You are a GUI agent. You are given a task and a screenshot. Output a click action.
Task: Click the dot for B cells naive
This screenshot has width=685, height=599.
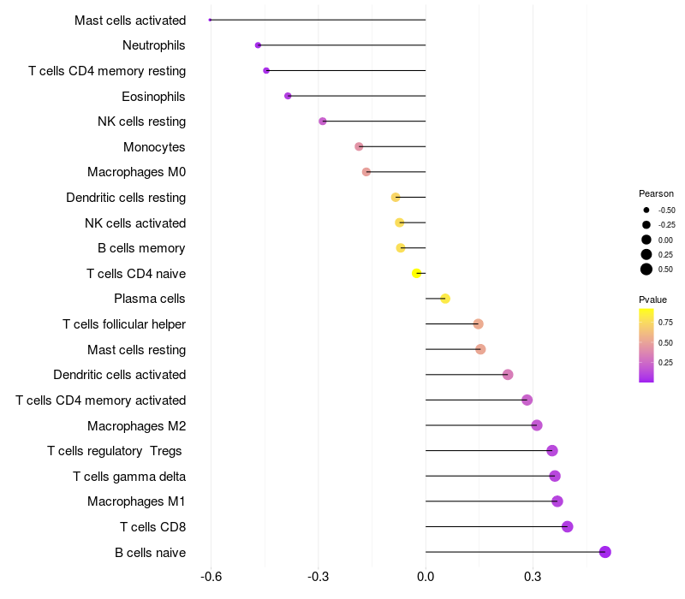pyautogui.click(x=605, y=552)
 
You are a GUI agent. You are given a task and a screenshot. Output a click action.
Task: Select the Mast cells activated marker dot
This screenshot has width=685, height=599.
pyautogui.click(x=210, y=20)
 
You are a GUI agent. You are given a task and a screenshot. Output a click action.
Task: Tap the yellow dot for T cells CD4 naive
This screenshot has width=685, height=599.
pyautogui.click(x=416, y=273)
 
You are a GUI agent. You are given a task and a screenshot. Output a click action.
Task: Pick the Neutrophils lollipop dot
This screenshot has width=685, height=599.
pyautogui.click(x=258, y=45)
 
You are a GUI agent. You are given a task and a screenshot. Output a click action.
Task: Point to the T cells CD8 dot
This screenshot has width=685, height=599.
pyautogui.click(x=567, y=526)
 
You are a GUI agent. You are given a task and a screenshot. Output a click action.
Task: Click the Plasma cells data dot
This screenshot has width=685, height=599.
pyautogui.click(x=445, y=299)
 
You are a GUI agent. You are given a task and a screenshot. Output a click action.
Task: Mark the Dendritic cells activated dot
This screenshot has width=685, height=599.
pyautogui.click(x=508, y=375)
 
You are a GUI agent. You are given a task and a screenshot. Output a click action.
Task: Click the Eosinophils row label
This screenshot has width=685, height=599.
pyautogui.click(x=153, y=97)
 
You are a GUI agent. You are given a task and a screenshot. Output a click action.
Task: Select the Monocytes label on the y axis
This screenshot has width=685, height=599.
pyautogui.click(x=154, y=147)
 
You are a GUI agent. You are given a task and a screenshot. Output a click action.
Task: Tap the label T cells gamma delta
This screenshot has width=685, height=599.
pyautogui.click(x=129, y=477)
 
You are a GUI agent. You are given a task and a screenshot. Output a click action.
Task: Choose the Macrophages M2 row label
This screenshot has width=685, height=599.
pyautogui.click(x=137, y=425)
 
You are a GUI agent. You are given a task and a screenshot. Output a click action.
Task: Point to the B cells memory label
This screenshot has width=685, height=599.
pyautogui.click(x=141, y=248)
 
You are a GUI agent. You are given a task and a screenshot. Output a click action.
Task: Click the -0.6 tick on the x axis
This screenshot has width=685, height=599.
pyautogui.click(x=211, y=577)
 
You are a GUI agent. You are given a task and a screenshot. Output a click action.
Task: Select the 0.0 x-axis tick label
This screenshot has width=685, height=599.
pyautogui.click(x=426, y=577)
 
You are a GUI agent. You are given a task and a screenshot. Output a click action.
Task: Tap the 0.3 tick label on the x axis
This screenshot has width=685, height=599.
pyautogui.click(x=533, y=577)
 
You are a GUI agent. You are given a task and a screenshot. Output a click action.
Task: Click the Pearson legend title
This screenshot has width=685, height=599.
pyautogui.click(x=656, y=193)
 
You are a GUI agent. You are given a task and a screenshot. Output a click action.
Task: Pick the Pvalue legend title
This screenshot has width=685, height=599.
pyautogui.click(x=652, y=299)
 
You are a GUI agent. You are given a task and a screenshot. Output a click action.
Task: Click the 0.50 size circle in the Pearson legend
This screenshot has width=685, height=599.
pyautogui.click(x=646, y=270)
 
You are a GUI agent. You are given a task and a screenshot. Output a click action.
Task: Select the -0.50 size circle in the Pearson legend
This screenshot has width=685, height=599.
pyautogui.click(x=646, y=210)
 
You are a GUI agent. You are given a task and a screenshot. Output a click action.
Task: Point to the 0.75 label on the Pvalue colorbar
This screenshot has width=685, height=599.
pyautogui.click(x=665, y=323)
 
